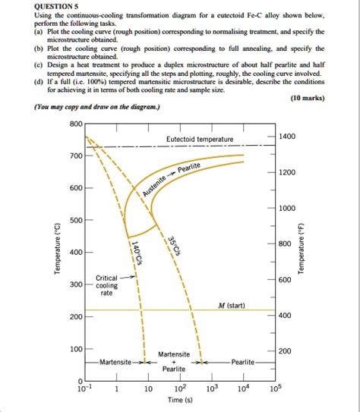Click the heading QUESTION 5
point(33,6)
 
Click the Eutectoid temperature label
point(200,139)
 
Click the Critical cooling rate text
point(106,286)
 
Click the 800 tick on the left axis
point(74,124)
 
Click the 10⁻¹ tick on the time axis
point(86,389)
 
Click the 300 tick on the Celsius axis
point(74,285)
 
